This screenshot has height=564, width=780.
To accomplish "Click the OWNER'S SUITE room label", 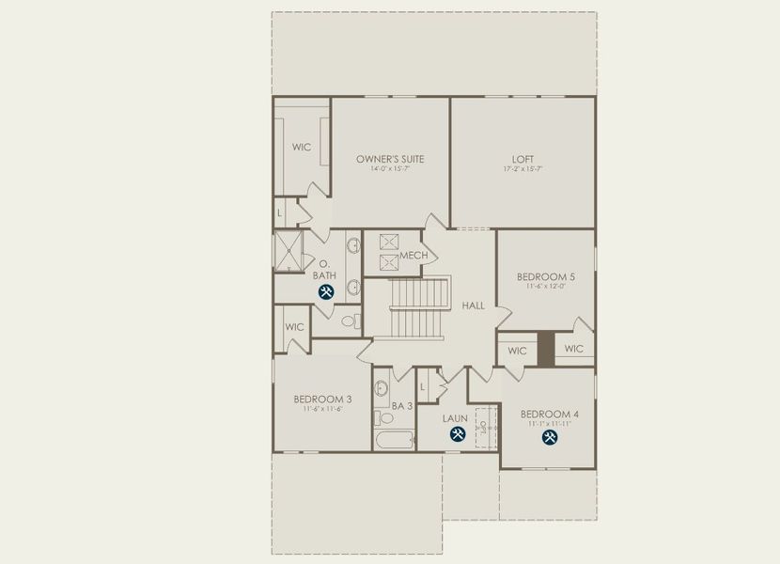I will [x=390, y=159].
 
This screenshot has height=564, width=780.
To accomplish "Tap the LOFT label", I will [x=522, y=159].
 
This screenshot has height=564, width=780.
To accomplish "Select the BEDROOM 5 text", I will [x=545, y=276].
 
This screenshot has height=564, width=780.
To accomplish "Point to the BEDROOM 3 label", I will [x=321, y=398].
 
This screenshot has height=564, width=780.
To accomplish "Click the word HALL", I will [x=473, y=305].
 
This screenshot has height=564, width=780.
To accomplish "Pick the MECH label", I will [x=413, y=256].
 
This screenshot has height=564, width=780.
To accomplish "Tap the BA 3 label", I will [x=402, y=406].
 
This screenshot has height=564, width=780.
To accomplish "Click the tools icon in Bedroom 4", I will [x=549, y=436].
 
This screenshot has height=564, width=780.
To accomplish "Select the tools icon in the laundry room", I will [x=458, y=434].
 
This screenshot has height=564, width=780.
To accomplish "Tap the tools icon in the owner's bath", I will [x=326, y=291].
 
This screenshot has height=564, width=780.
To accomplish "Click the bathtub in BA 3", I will [x=394, y=440].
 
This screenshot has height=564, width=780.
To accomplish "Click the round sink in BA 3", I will [x=382, y=388].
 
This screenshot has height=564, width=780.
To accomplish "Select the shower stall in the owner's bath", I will [x=288, y=250].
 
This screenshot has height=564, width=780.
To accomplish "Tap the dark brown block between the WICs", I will [x=546, y=349].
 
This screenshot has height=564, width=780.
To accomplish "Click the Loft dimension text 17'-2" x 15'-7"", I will [x=522, y=170].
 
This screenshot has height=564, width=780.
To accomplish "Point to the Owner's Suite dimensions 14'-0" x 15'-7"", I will [x=390, y=170].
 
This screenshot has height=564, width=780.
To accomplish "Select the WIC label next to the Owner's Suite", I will [x=301, y=148].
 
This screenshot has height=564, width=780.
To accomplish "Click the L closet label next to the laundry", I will [x=424, y=386].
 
